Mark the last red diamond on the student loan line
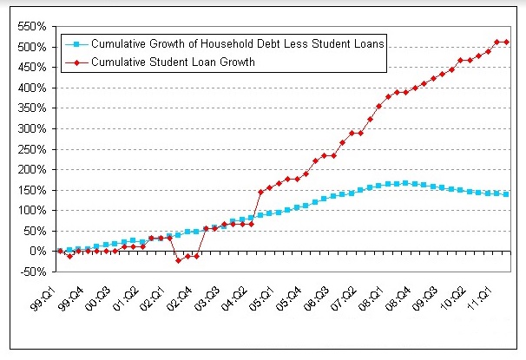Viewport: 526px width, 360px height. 506,42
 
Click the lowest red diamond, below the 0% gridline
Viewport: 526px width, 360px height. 178,260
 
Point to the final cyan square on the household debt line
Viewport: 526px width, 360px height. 506,193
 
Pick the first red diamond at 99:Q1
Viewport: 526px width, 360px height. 60,251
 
